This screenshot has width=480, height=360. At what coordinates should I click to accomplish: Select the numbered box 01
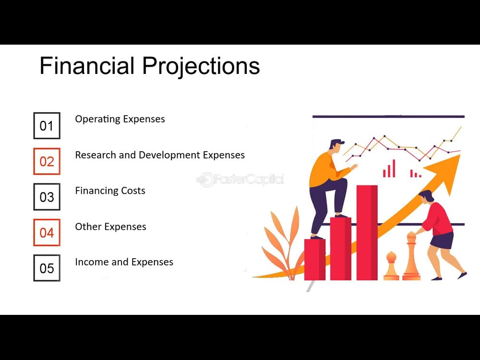pyautogui.click(x=47, y=126)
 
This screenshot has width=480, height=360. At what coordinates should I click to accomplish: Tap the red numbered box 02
pyautogui.click(x=47, y=161)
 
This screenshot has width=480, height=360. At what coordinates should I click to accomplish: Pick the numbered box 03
pyautogui.click(x=47, y=197)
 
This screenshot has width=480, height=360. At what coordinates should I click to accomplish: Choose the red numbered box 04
pyautogui.click(x=47, y=233)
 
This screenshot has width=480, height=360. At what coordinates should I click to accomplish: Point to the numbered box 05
pyautogui.click(x=47, y=268)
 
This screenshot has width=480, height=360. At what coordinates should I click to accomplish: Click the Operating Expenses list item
pyautogui.click(x=120, y=119)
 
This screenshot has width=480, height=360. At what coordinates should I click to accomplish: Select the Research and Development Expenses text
pyautogui.click(x=159, y=155)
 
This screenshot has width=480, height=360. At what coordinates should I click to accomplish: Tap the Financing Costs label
pyautogui.click(x=110, y=191)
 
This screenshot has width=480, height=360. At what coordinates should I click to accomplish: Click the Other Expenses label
pyautogui.click(x=110, y=227)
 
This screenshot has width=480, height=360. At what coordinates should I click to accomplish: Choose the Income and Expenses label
pyautogui.click(x=124, y=262)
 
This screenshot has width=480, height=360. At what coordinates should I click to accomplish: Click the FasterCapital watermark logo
pyautogui.click(x=240, y=180)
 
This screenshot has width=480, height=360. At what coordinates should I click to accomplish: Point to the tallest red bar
pyautogui.click(x=367, y=232)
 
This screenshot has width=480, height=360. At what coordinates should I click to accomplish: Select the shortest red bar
pyautogui.click(x=314, y=259)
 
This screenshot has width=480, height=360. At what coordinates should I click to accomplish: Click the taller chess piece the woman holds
pyautogui.click(x=411, y=257)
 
